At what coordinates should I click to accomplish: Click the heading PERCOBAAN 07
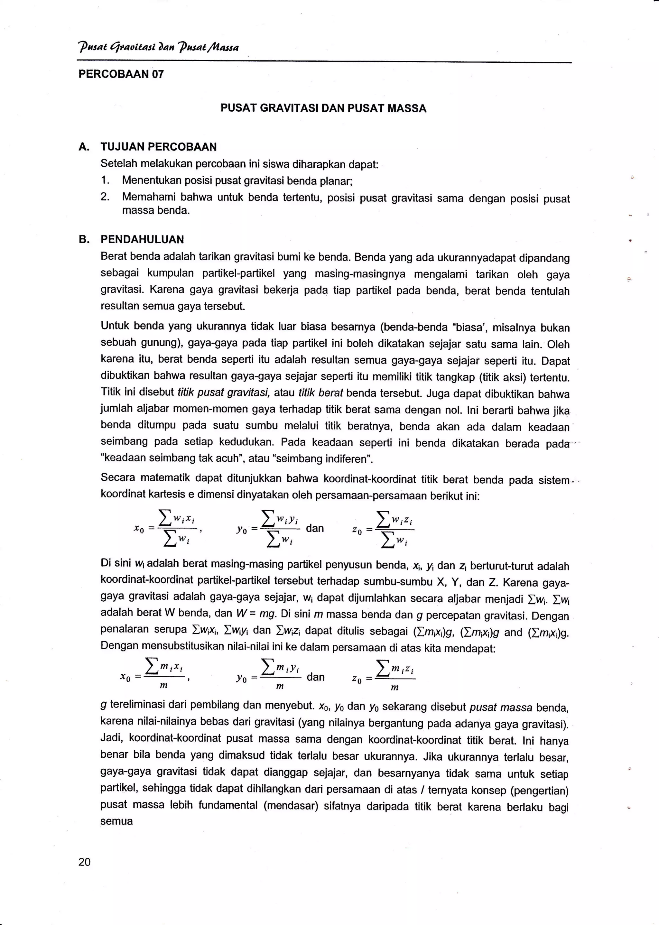pyautogui.click(x=121, y=74)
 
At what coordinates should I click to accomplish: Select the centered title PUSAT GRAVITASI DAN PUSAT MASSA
pyautogui.click(x=323, y=108)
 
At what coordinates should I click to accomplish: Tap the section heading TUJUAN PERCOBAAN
pyautogui.click(x=159, y=147)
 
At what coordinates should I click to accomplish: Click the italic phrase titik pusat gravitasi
pyautogui.click(x=224, y=393)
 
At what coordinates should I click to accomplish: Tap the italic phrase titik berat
pyautogui.click(x=320, y=393)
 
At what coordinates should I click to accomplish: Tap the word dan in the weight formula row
pyautogui.click(x=315, y=528)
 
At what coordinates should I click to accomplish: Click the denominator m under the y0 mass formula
pyautogui.click(x=280, y=687)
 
